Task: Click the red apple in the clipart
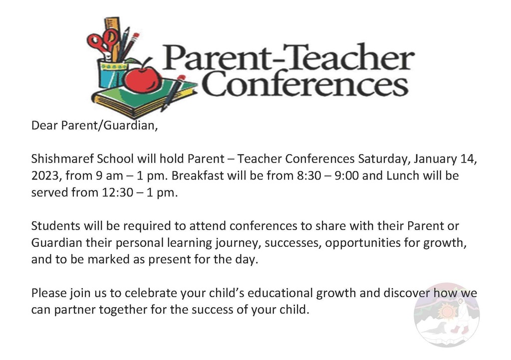pyautogui.click(x=142, y=78)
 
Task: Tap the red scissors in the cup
pyautogui.click(x=102, y=42)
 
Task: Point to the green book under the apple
pyautogui.click(x=143, y=97)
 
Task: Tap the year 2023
pyautogui.click(x=44, y=176)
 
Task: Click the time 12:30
pyautogui.click(x=117, y=192)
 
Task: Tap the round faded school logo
pyautogui.click(x=447, y=315)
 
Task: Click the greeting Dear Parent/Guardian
pyautogui.click(x=94, y=125)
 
